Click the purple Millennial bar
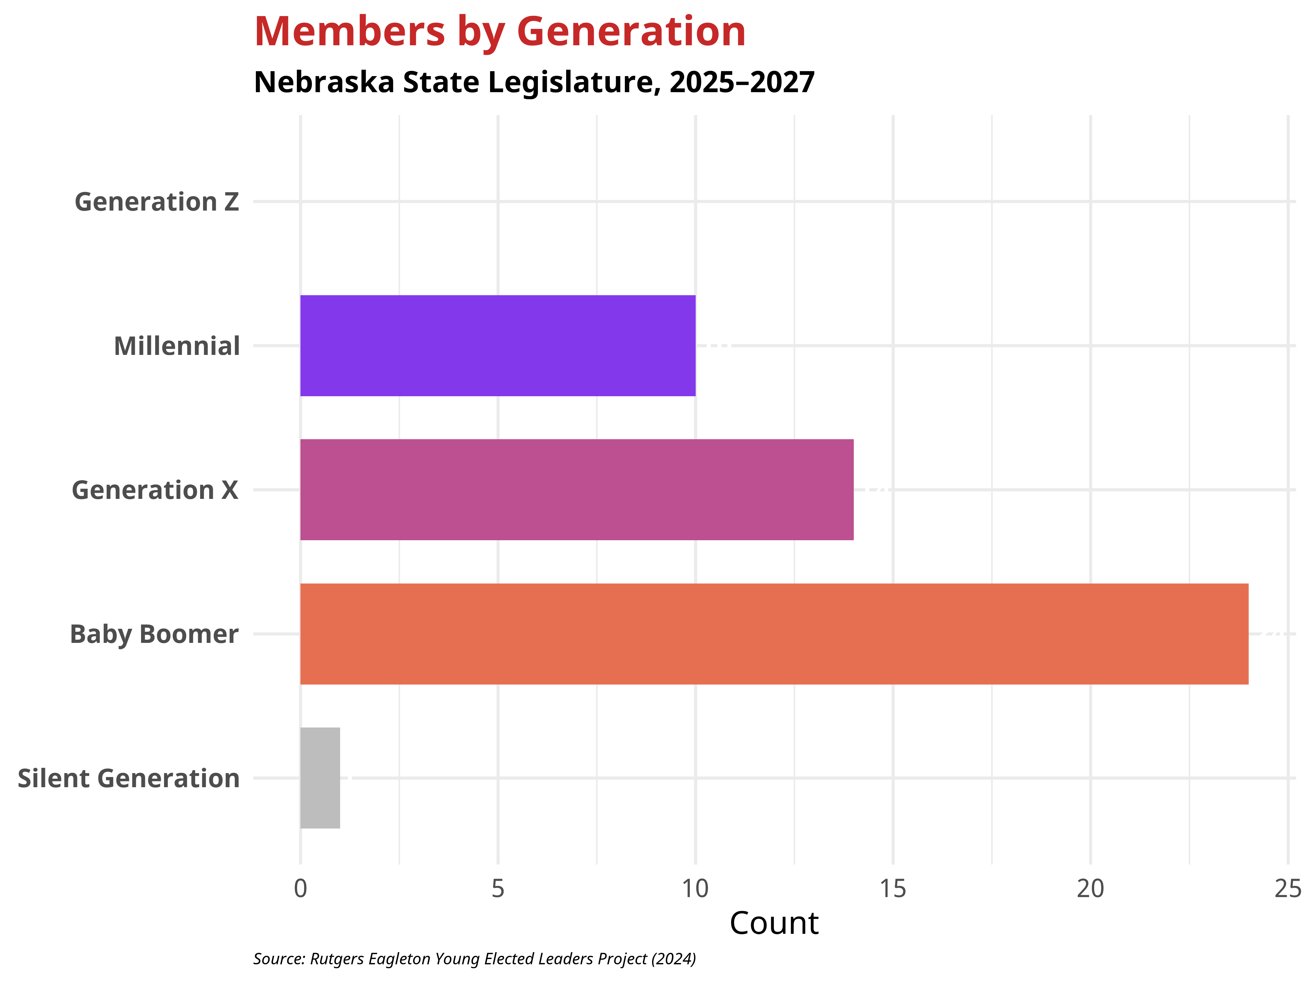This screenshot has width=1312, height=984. pyautogui.click(x=498, y=346)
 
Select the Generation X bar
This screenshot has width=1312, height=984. pyautogui.click(x=577, y=490)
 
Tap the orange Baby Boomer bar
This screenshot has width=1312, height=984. pyautogui.click(x=774, y=634)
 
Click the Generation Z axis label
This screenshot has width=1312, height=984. pyautogui.click(x=156, y=202)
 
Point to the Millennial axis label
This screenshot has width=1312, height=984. pyautogui.click(x=177, y=346)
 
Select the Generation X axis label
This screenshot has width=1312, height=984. pyautogui.click(x=155, y=490)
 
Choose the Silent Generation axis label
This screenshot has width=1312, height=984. pyautogui.click(x=129, y=779)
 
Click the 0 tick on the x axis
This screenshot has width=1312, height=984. pyautogui.click(x=301, y=889)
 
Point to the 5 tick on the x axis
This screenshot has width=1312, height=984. pyautogui.click(x=498, y=889)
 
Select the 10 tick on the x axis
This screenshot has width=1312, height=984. pyautogui.click(x=695, y=889)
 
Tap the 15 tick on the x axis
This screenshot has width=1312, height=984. pyautogui.click(x=893, y=889)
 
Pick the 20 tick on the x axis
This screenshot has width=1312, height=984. pyautogui.click(x=1090, y=889)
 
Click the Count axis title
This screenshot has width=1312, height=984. pyautogui.click(x=774, y=924)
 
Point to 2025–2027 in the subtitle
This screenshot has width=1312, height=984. pyautogui.click(x=742, y=82)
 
